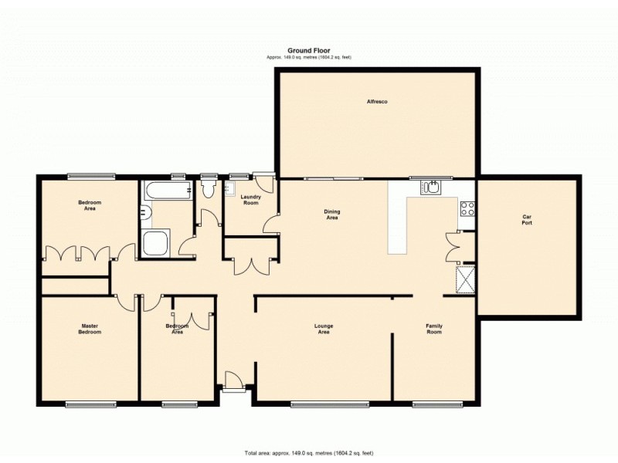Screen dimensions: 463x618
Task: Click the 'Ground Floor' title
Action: click(x=308, y=50)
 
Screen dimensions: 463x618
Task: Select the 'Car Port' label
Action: click(x=527, y=220)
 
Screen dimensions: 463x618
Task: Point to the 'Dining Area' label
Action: click(x=332, y=215)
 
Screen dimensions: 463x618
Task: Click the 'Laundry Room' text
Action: click(x=250, y=200)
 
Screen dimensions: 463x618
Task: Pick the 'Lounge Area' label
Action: click(x=324, y=328)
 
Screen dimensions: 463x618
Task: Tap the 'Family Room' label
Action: click(x=434, y=328)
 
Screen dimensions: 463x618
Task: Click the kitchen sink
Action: click(x=430, y=187)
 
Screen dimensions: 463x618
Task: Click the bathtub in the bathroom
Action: click(x=165, y=190)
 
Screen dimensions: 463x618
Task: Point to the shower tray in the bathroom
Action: click(x=157, y=243)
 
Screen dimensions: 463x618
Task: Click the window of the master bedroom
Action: click(x=90, y=403)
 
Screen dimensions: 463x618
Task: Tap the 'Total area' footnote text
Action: click(x=308, y=452)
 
